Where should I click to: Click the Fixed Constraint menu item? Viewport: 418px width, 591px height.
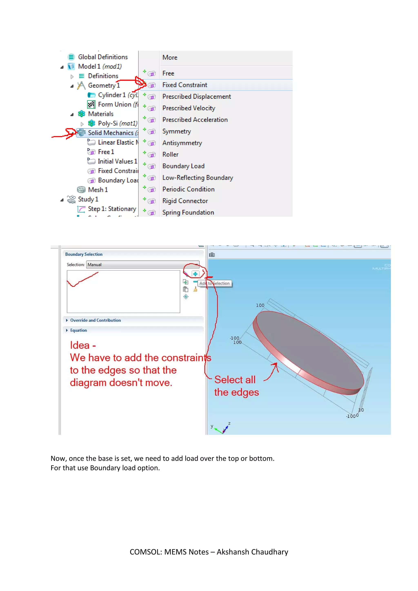tap(185, 85)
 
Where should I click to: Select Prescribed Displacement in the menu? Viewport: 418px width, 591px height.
tap(196, 97)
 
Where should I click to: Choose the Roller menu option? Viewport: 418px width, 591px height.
tap(170, 154)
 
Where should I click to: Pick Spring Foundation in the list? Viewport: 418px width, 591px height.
tap(188, 212)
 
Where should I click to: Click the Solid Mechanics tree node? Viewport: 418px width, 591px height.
tap(110, 133)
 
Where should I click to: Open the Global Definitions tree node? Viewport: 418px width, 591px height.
tap(102, 57)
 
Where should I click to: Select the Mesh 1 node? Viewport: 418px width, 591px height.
tap(98, 190)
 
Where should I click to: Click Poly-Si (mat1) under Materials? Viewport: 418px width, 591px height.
tap(117, 123)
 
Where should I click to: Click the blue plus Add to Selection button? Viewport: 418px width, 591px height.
tap(195, 274)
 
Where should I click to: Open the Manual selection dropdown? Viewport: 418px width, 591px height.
tap(143, 265)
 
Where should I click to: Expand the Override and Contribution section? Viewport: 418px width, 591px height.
tap(95, 320)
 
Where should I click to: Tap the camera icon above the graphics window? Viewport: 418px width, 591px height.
tap(212, 255)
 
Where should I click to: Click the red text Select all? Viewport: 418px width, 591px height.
tap(235, 380)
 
